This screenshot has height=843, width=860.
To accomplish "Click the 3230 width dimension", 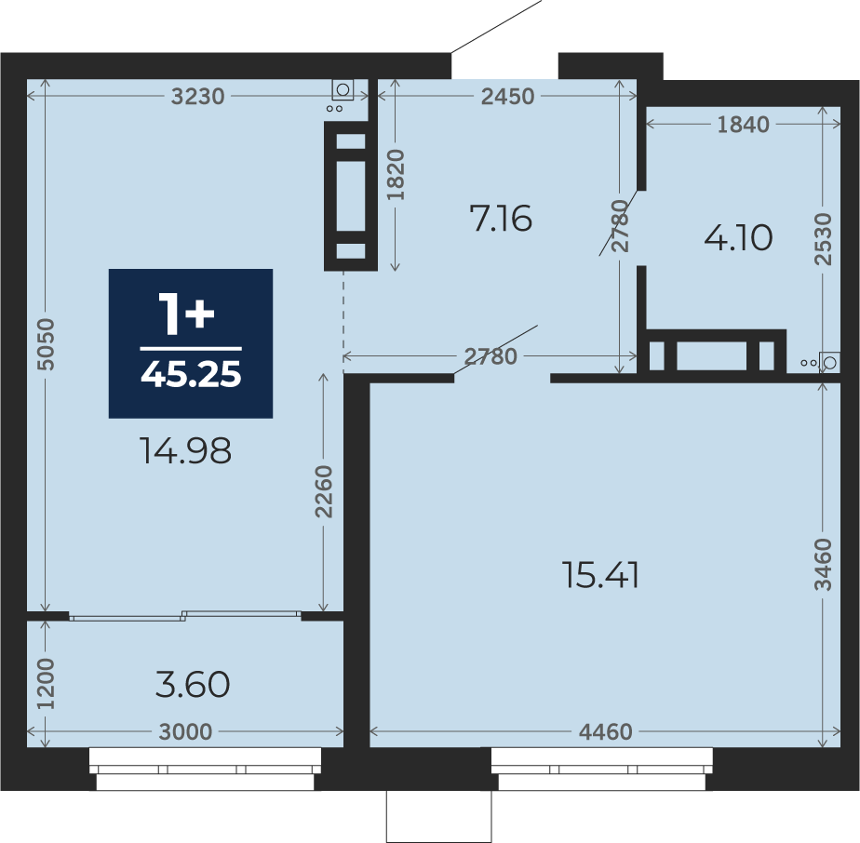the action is (197, 97).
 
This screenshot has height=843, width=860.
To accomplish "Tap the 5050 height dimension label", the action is (47, 344).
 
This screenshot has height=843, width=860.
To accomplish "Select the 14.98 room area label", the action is (185, 451).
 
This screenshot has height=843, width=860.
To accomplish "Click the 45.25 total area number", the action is (191, 375).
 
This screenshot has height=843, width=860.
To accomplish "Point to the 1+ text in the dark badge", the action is (186, 314).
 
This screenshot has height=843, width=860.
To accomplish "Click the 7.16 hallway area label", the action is (501, 219).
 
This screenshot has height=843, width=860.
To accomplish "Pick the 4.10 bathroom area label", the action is (738, 238).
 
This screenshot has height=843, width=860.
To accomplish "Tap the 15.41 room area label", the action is (600, 576).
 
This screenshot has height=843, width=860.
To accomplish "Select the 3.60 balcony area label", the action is (193, 685).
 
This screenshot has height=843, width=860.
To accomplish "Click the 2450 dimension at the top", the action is (508, 97).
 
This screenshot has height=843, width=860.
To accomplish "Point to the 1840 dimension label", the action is (743, 125).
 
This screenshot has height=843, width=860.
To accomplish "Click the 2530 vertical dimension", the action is (824, 239).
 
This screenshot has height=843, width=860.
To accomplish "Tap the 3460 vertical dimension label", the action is (824, 565).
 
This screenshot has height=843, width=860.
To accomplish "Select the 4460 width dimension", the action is (606, 731).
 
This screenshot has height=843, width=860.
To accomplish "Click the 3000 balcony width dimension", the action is (185, 731).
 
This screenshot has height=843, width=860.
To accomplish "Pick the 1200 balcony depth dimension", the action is (47, 683).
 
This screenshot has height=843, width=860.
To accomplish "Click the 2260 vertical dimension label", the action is (324, 491).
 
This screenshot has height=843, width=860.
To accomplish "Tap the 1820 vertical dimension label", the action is (396, 174).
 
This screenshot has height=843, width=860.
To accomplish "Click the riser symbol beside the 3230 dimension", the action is (342, 89).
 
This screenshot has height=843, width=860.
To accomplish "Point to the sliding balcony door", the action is (185, 615).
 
